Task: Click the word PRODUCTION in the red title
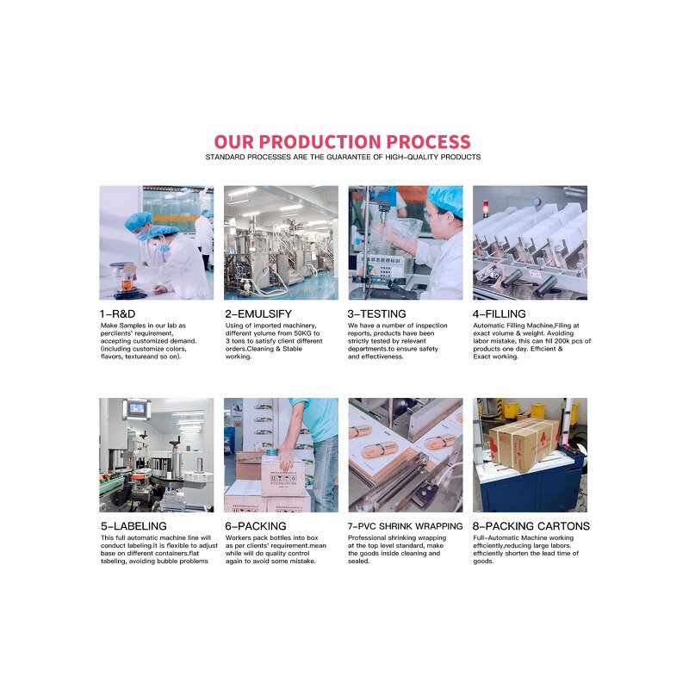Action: (320, 142)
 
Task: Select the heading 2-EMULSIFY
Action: (256, 314)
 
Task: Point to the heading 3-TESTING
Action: (376, 314)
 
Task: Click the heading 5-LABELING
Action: (133, 526)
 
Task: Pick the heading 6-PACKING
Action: (255, 526)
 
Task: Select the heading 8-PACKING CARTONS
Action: (531, 526)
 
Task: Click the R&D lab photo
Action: (156, 242)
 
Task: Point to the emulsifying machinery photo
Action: (281, 242)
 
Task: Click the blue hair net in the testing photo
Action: (446, 201)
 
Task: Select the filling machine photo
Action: (530, 242)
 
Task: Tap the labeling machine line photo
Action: (156, 455)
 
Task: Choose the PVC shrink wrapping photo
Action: (405, 455)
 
